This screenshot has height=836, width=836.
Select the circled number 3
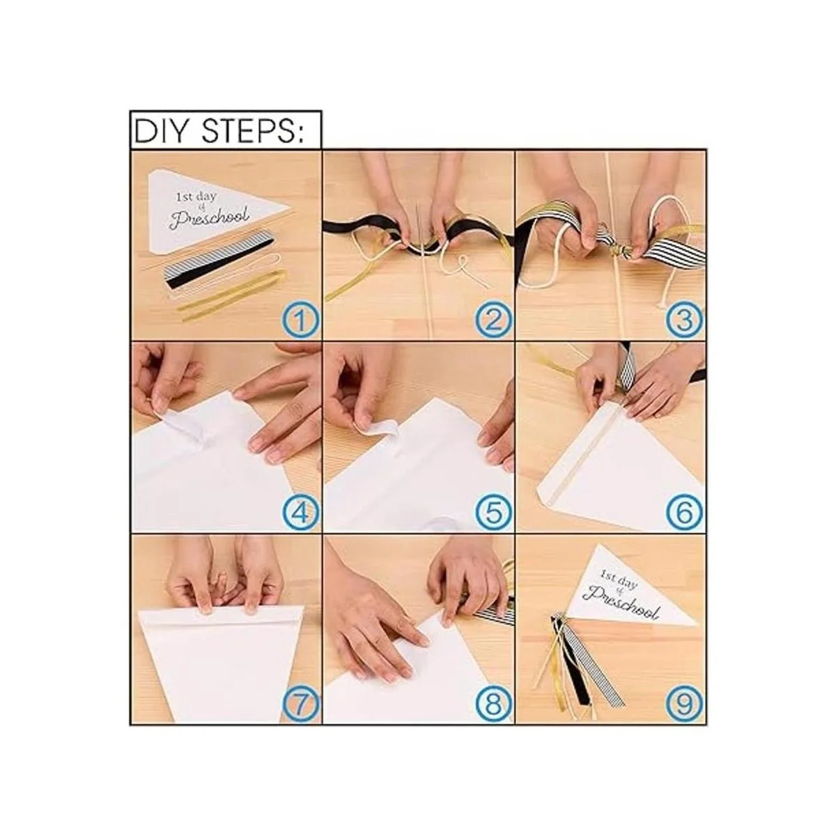[685, 319]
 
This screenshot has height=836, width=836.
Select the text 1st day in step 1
[196, 196]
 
